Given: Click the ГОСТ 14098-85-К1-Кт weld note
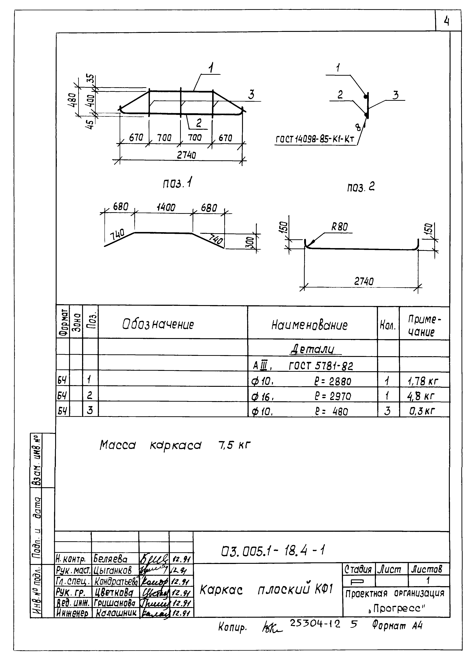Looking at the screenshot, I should click(x=315, y=140).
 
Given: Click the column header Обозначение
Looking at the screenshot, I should click(x=158, y=324).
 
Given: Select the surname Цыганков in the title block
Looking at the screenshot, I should click(x=113, y=570).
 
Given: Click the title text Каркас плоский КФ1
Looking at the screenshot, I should click(x=266, y=590).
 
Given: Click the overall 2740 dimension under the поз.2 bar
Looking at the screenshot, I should click(x=364, y=281).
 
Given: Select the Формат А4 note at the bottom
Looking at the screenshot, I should click(x=397, y=626).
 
